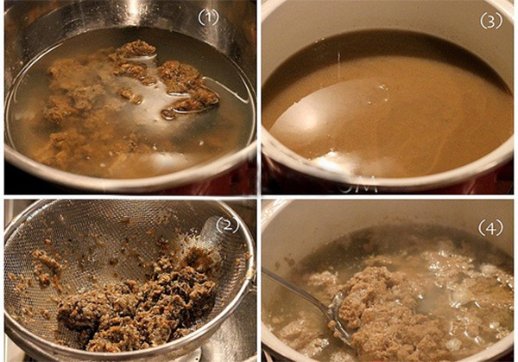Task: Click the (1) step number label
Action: tap(208, 17)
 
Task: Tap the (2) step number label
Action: tap(227, 225)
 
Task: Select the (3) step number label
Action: tap(491, 21)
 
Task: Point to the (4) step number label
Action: tap(490, 228)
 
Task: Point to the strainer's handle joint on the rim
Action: tap(252, 281)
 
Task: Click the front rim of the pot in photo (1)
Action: tap(132, 181)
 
